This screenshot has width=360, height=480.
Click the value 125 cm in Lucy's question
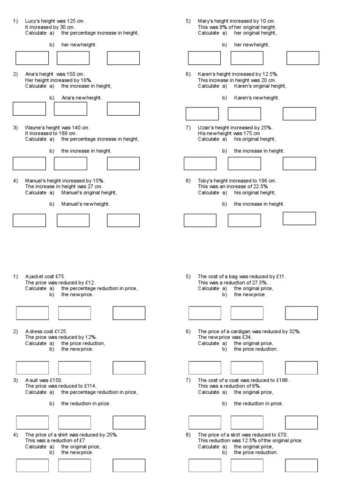(76, 21)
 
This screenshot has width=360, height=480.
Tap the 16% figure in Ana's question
(86, 80)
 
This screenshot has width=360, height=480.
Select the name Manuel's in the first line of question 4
(36, 180)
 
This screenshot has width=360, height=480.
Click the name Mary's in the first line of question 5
(206, 21)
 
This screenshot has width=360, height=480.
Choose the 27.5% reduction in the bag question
(259, 283)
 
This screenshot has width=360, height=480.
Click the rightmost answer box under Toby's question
(299, 218)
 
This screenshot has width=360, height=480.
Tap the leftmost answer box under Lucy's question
(32, 58)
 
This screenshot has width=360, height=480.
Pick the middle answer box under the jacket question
(75, 313)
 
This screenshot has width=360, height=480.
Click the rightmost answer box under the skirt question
(301, 465)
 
